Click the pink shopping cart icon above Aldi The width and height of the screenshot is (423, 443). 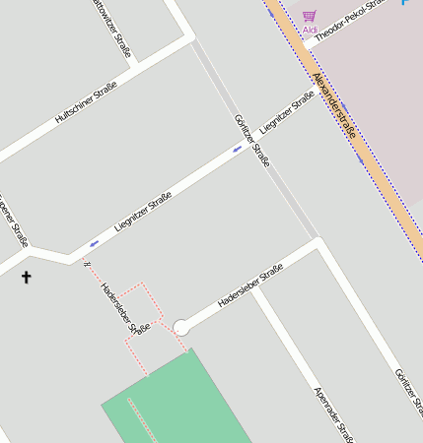point(310,16)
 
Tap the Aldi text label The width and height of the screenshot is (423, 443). point(310,30)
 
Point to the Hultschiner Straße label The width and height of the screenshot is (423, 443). point(86,101)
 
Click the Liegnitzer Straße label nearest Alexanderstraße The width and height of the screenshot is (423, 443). point(287,113)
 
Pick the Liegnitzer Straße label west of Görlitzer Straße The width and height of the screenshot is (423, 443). point(143,211)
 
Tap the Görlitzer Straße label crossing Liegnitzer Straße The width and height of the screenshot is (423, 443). point(251,139)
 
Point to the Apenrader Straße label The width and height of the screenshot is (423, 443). point(332,412)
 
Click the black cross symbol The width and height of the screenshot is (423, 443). point(26,278)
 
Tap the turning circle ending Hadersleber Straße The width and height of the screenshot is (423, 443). point(180,327)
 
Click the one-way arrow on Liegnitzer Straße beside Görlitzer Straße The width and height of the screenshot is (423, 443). point(237,150)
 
